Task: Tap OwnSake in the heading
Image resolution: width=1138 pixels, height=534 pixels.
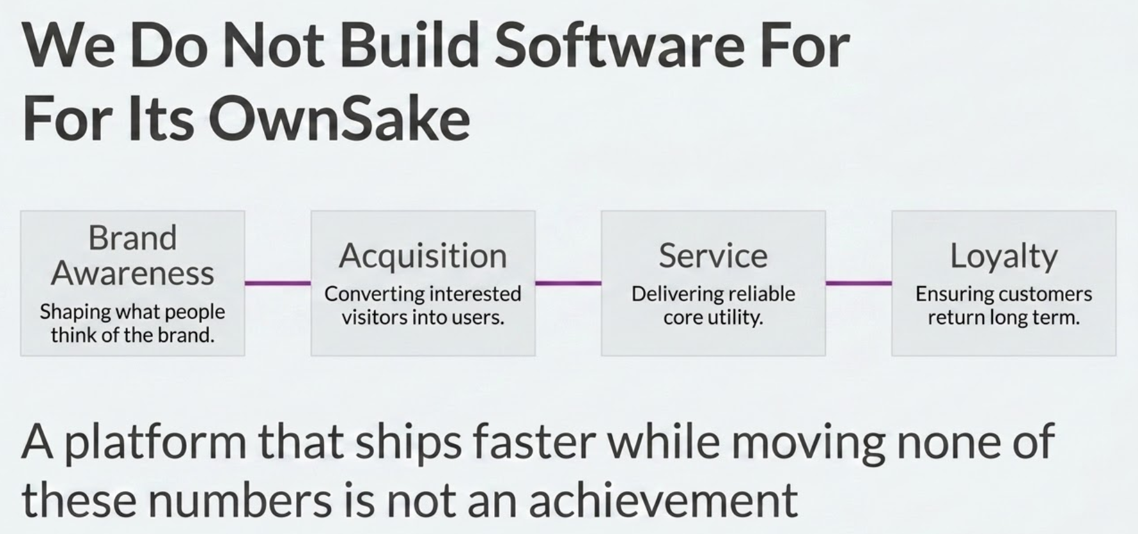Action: pyautogui.click(x=339, y=120)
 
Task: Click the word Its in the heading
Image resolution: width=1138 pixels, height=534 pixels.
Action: pyautogui.click(x=160, y=120)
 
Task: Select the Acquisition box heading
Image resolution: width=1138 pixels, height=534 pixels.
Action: pyautogui.click(x=423, y=256)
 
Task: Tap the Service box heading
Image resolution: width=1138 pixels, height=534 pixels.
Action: pyautogui.click(x=713, y=256)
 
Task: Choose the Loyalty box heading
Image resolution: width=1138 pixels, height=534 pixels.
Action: pyautogui.click(x=1004, y=256)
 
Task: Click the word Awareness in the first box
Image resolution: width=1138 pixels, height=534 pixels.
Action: pyautogui.click(x=132, y=274)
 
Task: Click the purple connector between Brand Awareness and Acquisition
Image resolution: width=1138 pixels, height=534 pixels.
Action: pyautogui.click(x=278, y=283)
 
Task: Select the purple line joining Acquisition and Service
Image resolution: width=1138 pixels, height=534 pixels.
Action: pyautogui.click(x=568, y=283)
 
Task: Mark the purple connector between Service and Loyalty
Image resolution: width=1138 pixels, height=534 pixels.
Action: pyautogui.click(x=859, y=283)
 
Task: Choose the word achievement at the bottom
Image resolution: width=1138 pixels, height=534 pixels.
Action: pyautogui.click(x=663, y=499)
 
